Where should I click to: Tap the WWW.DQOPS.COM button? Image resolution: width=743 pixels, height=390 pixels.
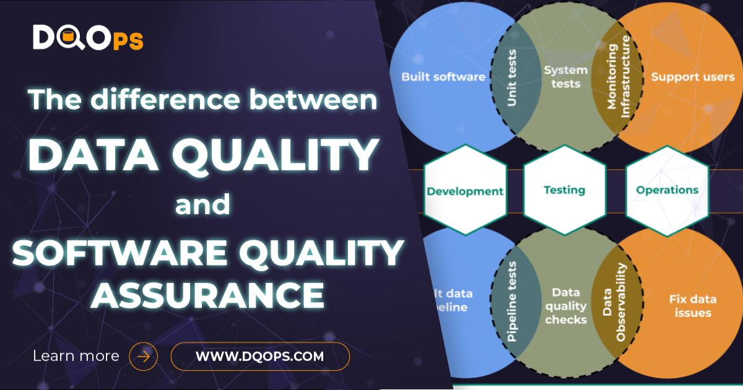coord(260,356)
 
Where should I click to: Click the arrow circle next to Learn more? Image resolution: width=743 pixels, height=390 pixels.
coord(143,357)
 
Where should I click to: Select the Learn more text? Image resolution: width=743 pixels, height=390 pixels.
coord(76,356)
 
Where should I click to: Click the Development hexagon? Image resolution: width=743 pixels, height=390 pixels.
coord(465,191)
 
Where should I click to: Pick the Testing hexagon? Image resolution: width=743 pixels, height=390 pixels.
coord(564,190)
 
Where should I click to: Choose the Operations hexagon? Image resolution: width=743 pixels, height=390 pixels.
coord(667,190)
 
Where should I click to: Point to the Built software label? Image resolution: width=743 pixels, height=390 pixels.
coord(443,77)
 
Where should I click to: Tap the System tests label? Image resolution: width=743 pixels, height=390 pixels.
coord(565,77)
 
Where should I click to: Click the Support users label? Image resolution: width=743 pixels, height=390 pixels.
coord(692,77)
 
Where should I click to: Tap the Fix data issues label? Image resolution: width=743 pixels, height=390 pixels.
coord(692,306)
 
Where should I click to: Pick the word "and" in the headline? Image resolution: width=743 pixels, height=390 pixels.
coord(202,205)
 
